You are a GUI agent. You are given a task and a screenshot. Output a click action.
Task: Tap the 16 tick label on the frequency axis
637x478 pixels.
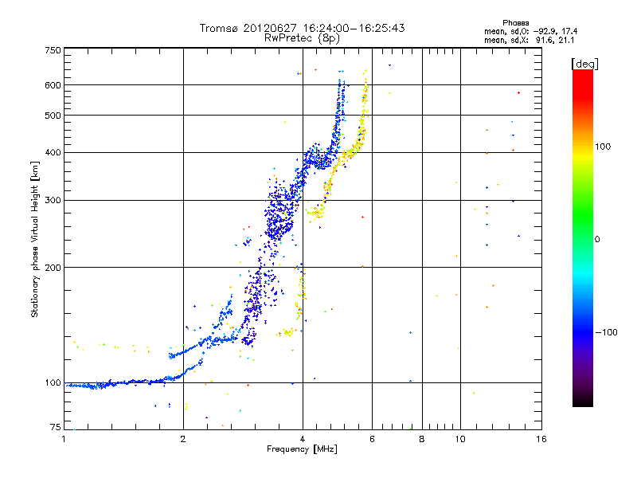(541, 439)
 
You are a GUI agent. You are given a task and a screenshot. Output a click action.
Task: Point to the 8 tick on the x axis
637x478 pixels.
(422, 439)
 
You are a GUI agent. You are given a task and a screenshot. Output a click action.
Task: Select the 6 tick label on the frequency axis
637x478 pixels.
(373, 439)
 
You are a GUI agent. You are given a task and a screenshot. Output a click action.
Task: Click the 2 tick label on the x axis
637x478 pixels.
(183, 439)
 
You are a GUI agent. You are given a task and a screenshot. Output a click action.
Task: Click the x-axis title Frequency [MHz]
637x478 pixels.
(302, 450)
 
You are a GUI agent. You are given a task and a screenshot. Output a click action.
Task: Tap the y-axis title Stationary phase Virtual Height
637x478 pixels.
(35, 239)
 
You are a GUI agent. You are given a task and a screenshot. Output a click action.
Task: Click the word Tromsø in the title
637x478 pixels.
(221, 28)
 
